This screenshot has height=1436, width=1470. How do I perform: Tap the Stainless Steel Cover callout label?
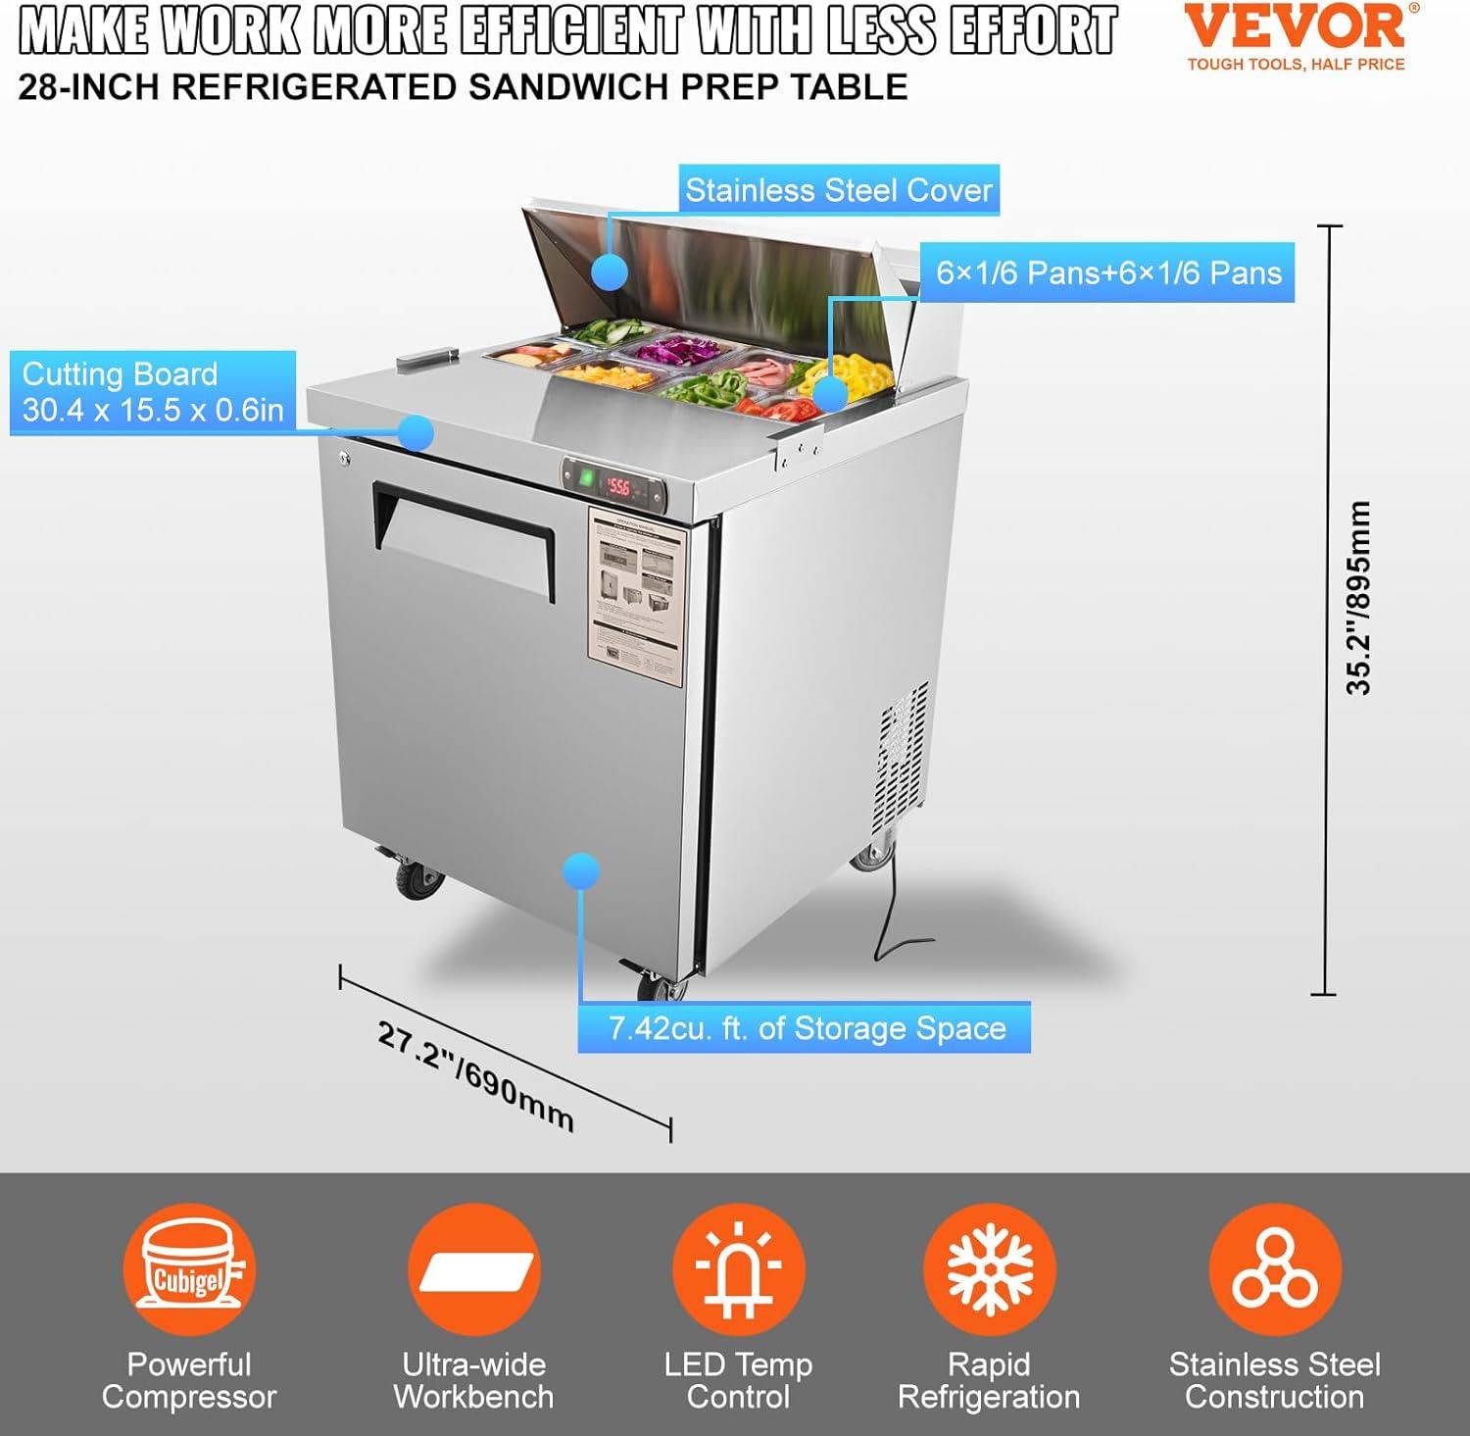click(838, 190)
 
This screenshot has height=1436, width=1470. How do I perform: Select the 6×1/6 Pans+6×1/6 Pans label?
click(1107, 272)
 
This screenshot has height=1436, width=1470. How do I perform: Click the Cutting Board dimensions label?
click(152, 392)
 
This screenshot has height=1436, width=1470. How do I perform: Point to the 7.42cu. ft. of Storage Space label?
click(806, 1028)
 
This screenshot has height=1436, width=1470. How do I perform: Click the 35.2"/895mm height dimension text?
click(1358, 598)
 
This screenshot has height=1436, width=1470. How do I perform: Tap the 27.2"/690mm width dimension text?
click(476, 1076)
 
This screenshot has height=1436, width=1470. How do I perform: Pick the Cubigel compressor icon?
click(189, 1270)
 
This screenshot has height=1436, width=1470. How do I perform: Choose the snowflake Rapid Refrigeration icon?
click(989, 1270)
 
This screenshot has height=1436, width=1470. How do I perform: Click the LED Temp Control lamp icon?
click(738, 1270)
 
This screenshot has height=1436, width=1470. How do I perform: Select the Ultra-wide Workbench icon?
click(474, 1270)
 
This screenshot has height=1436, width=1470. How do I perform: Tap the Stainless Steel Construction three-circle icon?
click(1274, 1270)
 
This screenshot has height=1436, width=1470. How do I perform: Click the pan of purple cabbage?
click(674, 350)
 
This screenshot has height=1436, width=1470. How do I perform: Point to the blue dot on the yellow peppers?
click(830, 394)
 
